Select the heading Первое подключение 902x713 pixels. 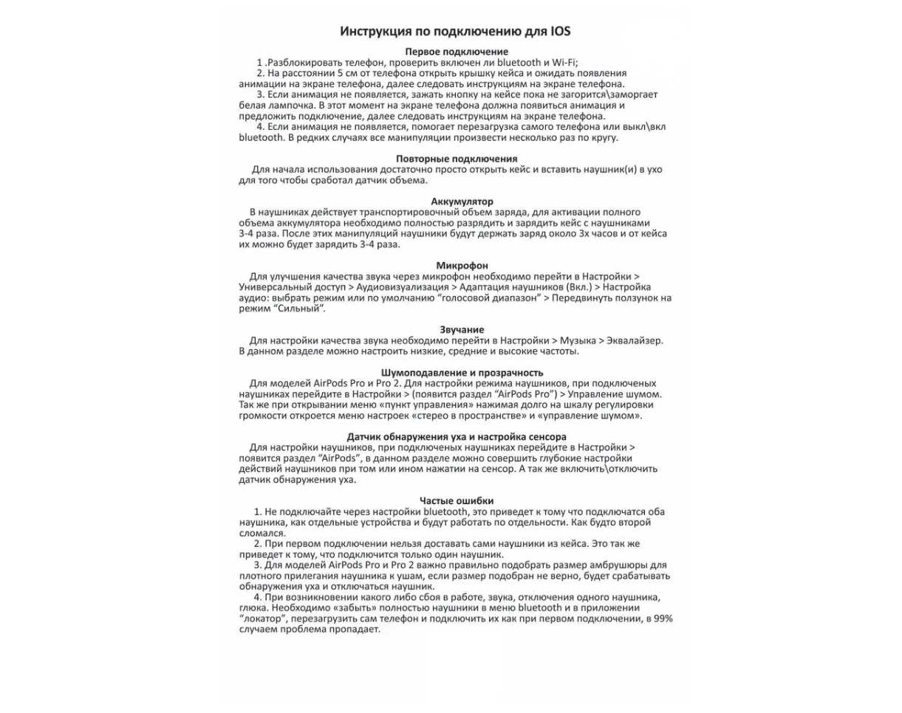coord(457,52)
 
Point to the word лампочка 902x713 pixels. coord(286,106)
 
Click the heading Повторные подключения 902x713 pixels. coord(457,159)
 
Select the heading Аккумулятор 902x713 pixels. coord(462,201)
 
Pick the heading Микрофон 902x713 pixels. coord(462,265)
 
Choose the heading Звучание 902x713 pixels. coord(462,329)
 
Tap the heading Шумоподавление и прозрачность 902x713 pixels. coord(462,372)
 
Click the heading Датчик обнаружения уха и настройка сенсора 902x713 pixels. coord(457,437)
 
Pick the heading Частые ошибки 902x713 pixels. coord(457,501)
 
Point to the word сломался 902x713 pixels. coord(262,533)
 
